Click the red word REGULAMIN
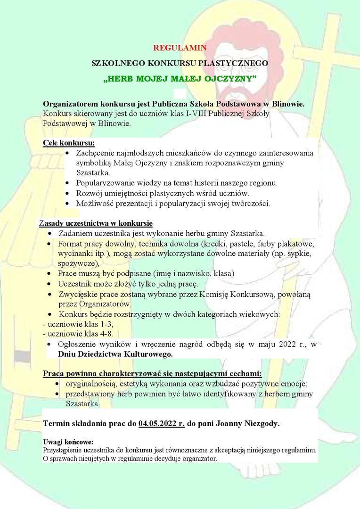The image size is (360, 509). coord(180,48)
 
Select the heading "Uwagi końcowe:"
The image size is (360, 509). coord(68,442)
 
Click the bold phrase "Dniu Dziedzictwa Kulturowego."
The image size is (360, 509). coord(115,353)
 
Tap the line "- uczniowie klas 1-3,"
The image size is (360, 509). coord(78,324)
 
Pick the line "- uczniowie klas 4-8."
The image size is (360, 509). coord(78,334)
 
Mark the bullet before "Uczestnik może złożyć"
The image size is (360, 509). coord(50,284)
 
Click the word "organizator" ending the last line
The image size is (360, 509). coord(199,458)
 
